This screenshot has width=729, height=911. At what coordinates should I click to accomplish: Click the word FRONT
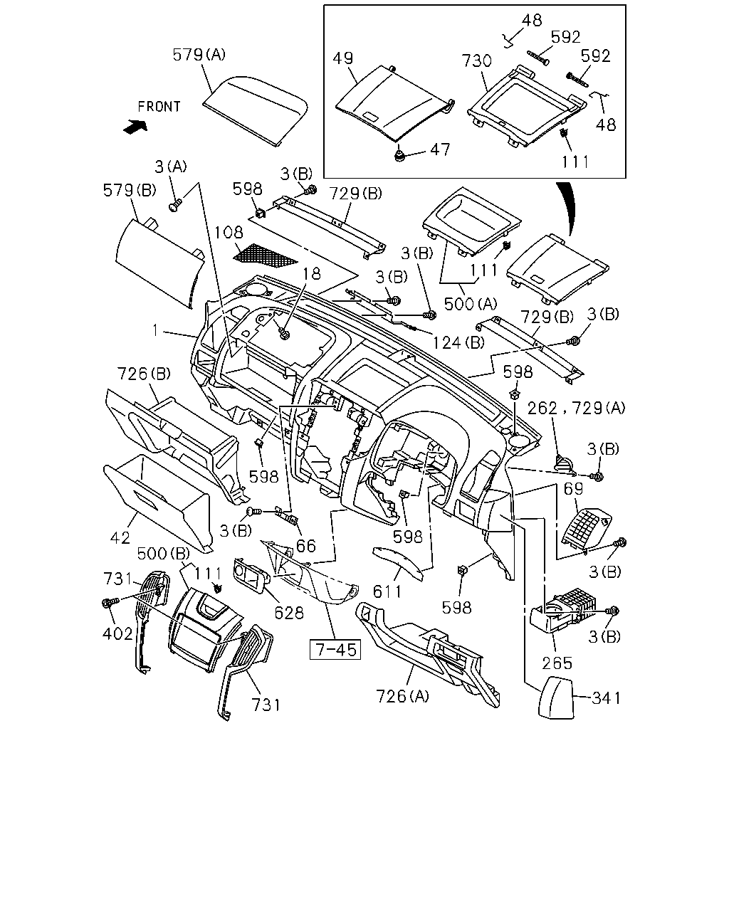tap(159, 107)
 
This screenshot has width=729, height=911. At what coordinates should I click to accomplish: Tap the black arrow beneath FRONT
tap(135, 127)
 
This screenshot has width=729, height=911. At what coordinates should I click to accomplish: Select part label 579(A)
tap(199, 55)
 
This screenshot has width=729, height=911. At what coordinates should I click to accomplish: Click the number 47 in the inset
tap(440, 149)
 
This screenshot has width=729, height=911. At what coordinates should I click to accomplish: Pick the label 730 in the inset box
tap(476, 61)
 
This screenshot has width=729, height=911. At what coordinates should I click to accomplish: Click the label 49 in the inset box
tap(342, 58)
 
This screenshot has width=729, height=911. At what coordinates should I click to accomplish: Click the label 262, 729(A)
tap(576, 408)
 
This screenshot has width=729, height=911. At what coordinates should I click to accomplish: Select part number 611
tap(387, 591)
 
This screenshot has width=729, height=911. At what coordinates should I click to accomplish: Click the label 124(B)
tap(458, 342)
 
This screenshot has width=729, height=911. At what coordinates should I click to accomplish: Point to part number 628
tap(289, 613)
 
